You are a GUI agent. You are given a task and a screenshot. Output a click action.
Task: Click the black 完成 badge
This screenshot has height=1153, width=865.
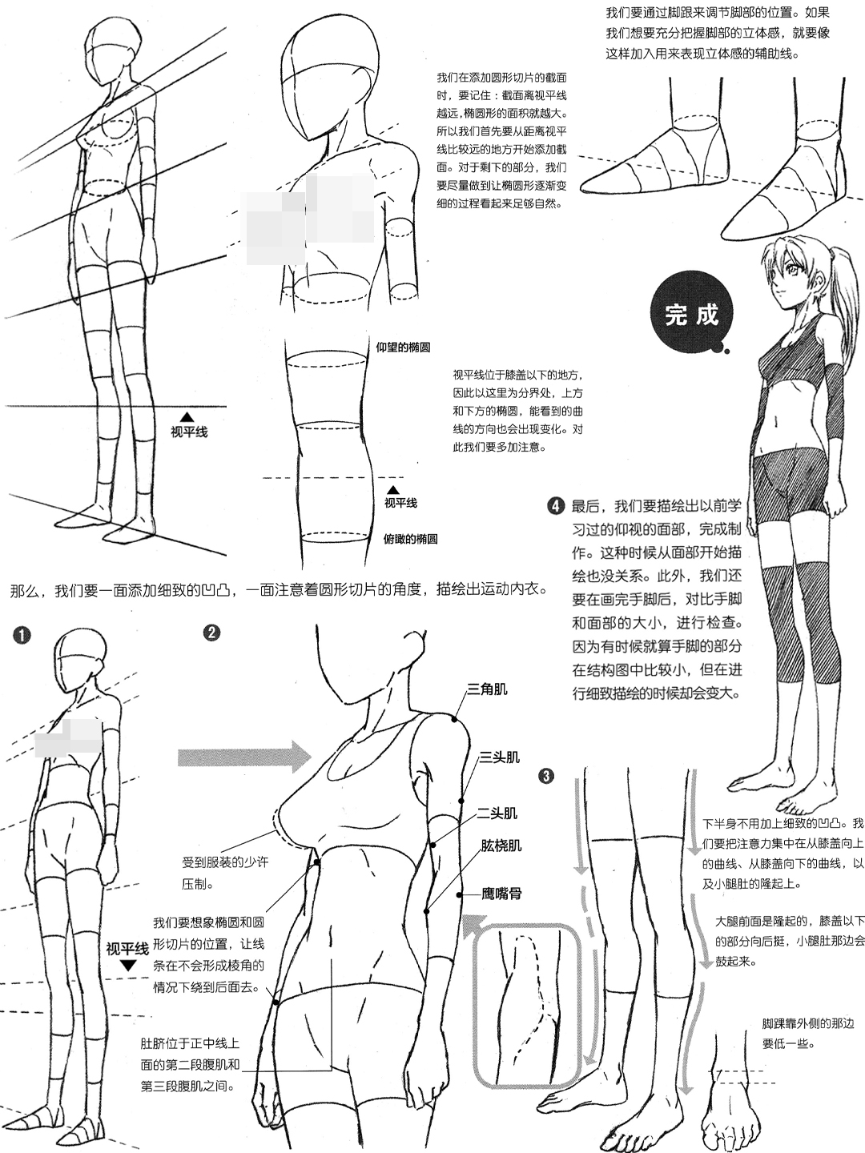click(690, 314)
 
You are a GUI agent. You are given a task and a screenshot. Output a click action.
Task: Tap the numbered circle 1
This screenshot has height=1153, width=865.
click(22, 636)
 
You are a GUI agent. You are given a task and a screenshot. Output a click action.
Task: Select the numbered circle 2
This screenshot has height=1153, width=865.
click(211, 632)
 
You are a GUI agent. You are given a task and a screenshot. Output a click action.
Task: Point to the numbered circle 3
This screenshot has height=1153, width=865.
click(546, 776)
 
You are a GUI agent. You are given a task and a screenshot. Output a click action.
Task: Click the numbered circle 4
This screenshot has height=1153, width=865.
click(556, 506)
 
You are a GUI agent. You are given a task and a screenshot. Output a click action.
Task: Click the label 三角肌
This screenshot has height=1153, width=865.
click(487, 689)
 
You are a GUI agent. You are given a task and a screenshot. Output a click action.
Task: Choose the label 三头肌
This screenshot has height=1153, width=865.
click(500, 757)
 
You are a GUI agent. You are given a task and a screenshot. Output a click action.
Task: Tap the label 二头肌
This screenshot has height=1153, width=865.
click(497, 814)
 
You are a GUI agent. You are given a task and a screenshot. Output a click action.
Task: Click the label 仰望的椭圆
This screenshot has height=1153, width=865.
click(404, 348)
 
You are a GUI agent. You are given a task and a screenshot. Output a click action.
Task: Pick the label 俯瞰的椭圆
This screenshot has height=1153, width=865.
click(411, 539)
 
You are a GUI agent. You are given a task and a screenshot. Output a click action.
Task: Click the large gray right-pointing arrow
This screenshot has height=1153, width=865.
click(244, 757)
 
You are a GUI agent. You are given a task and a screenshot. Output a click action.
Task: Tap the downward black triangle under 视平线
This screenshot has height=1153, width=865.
click(128, 966)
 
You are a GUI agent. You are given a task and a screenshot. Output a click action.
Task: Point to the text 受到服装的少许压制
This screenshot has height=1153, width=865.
click(225, 870)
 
